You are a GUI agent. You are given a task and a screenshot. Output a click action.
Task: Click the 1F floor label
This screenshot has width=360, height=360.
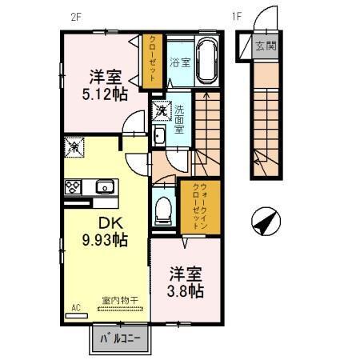(236, 15)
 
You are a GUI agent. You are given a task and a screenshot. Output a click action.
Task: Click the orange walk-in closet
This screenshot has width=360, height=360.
(193, 207)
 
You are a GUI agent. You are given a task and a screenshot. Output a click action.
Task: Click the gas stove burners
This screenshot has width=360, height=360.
(72, 188)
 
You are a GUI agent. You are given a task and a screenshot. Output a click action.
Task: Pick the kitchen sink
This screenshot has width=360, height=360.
(104, 188)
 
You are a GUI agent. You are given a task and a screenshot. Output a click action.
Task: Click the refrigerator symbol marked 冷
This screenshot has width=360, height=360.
(72, 147)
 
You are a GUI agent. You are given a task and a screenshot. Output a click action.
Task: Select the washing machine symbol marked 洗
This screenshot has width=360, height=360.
(161, 110)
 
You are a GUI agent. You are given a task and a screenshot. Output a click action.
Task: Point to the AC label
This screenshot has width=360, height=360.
(77, 306)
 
